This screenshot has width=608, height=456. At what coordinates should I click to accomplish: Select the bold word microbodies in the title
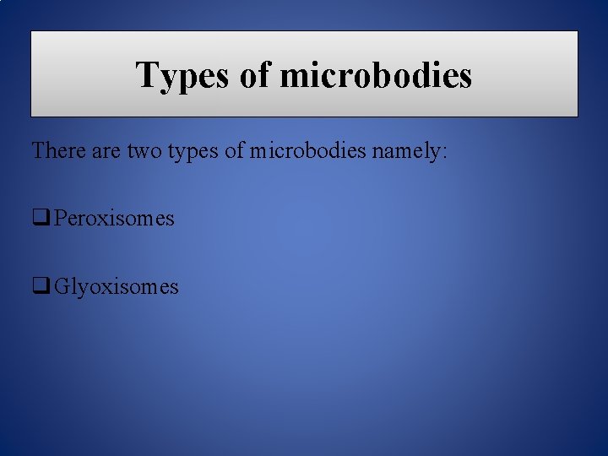(375, 75)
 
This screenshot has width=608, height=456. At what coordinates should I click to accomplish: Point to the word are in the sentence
(108, 152)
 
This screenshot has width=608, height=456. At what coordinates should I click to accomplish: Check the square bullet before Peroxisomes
(40, 218)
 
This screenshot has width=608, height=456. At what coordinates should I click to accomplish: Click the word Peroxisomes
(114, 219)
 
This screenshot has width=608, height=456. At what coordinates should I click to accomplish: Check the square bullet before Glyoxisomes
(40, 286)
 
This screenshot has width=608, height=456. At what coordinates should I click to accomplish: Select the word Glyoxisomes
(117, 287)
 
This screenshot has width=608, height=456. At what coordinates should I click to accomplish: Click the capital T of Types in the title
(147, 74)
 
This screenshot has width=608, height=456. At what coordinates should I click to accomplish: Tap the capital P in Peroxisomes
(60, 218)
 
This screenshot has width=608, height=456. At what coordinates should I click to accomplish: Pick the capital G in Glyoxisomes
(62, 286)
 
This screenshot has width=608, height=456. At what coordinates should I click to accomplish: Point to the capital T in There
(38, 151)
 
